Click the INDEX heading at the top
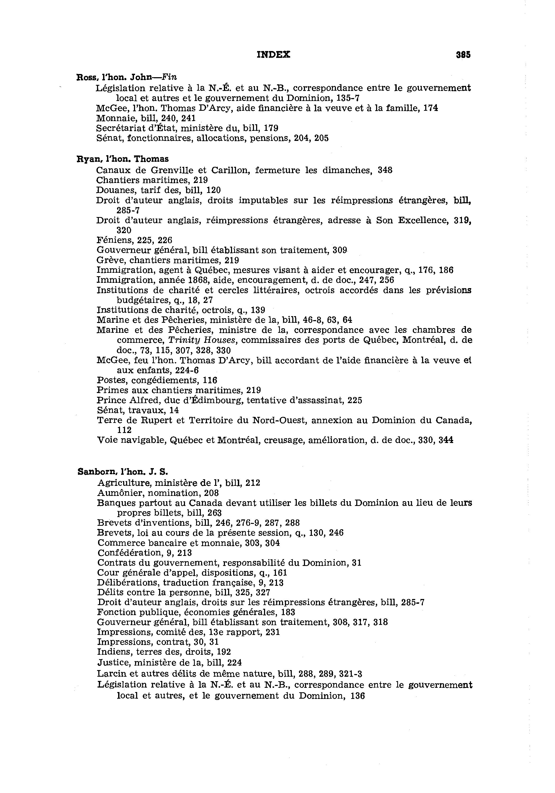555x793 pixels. tap(273, 54)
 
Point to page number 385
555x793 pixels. tap(463, 55)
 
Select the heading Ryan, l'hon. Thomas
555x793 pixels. tap(123, 159)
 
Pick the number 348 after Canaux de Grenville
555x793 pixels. tap(385, 170)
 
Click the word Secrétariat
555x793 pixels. tap(120, 128)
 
